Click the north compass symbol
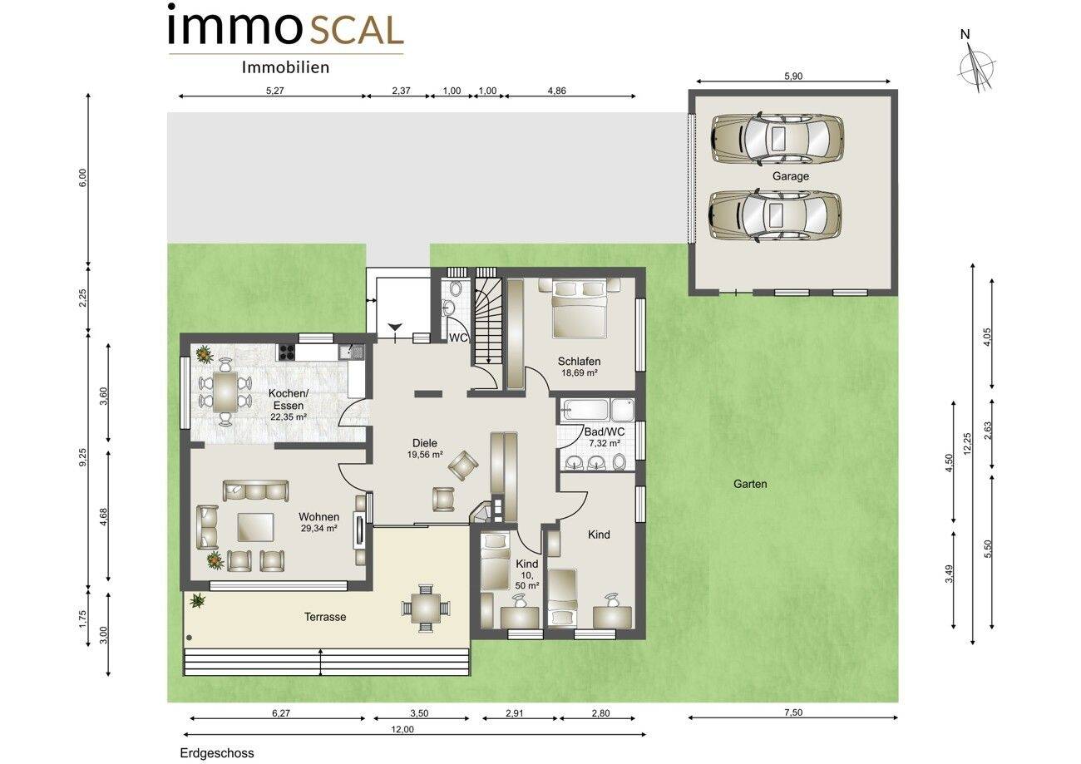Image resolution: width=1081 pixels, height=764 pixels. click(975, 67)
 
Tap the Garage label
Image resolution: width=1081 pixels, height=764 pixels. click(791, 176)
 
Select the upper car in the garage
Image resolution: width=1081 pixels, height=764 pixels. click(777, 139)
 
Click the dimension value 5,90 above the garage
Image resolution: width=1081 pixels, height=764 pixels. click(793, 76)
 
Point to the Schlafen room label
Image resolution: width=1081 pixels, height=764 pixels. click(579, 362)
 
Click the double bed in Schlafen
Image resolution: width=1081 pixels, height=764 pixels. click(579, 308)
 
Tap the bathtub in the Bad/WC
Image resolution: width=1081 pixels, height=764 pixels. click(585, 411)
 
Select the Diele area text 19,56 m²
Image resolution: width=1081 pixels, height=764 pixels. click(425, 455)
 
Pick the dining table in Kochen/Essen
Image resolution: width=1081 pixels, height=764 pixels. click(225, 392)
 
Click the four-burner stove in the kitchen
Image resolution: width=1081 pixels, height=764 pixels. click(286, 352)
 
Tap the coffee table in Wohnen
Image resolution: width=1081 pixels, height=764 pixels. click(256, 527)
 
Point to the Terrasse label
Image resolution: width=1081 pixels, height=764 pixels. click(325, 617)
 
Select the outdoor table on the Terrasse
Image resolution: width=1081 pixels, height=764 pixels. click(426, 609)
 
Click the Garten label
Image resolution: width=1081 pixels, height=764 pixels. click(750, 484)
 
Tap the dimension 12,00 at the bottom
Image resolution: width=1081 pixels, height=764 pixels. click(402, 730)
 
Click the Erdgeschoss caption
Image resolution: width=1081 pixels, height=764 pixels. click(217, 753)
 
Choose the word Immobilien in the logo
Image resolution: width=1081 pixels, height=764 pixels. click(286, 67)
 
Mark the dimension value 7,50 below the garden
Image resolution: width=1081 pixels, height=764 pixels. click(793, 712)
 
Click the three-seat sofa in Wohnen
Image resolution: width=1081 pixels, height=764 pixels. click(256, 490)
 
